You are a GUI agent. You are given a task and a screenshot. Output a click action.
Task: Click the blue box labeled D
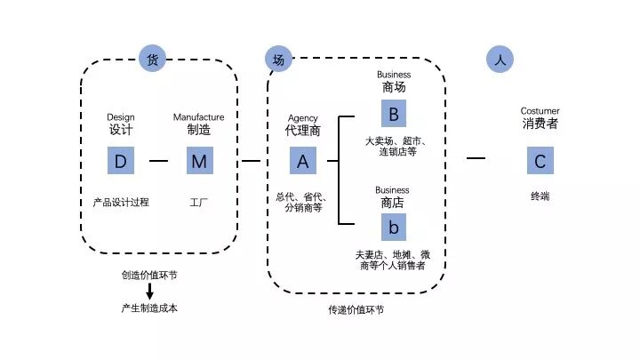121,161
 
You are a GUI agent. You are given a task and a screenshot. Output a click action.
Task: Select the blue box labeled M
199,161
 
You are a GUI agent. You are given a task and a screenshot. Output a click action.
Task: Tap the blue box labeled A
303,161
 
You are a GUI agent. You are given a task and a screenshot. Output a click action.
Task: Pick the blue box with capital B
393,114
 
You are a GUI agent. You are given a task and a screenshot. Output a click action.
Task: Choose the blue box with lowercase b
393,227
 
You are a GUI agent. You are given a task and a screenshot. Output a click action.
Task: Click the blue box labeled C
540,161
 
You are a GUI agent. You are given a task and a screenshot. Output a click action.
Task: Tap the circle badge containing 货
152,60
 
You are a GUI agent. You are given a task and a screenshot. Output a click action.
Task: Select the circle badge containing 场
278,60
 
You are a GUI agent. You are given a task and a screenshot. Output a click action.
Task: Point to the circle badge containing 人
500,60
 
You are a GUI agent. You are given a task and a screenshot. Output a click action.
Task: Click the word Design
120,116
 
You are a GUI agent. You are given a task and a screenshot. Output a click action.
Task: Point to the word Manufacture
198,116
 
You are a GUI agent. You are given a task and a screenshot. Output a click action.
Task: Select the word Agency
302,118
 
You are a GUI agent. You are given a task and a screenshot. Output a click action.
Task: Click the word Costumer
540,111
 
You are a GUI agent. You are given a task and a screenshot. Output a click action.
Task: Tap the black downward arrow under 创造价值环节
149,291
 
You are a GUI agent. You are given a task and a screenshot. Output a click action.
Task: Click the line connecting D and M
159,161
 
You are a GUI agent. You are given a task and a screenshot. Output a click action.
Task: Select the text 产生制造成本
149,308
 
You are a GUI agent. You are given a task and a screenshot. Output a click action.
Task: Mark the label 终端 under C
540,196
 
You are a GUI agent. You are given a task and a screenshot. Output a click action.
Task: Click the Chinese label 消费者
540,124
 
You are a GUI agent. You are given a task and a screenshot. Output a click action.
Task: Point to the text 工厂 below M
199,202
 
